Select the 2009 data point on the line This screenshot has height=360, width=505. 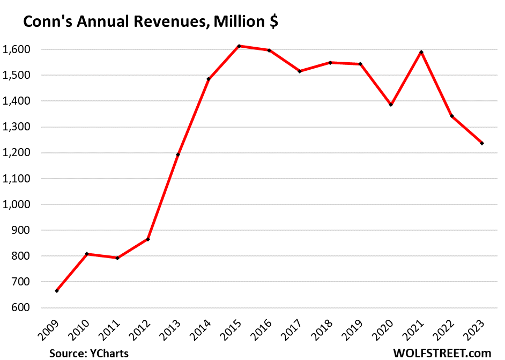[57, 291]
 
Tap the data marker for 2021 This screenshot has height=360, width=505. [422, 52]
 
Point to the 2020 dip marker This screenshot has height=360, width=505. [391, 105]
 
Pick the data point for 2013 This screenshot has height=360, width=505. [178, 155]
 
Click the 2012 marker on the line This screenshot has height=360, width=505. [148, 239]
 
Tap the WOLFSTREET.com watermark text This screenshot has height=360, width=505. [441, 352]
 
